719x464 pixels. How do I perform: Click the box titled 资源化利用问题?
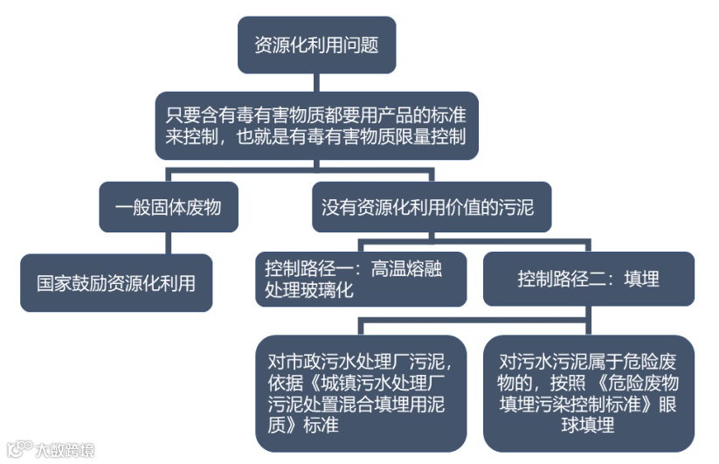pos(316,45)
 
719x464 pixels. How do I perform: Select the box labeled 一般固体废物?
pos(169,207)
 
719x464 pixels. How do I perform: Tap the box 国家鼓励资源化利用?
pos(116,283)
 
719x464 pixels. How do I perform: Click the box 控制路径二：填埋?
pos(588,280)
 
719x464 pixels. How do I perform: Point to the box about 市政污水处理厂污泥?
pos(361,392)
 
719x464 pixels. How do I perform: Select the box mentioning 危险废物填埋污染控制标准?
pos(588,392)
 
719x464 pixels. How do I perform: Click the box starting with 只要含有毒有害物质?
pos(316,125)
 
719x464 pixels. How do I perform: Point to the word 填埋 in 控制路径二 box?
pos(641,280)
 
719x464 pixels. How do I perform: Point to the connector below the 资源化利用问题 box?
pos(316,82)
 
